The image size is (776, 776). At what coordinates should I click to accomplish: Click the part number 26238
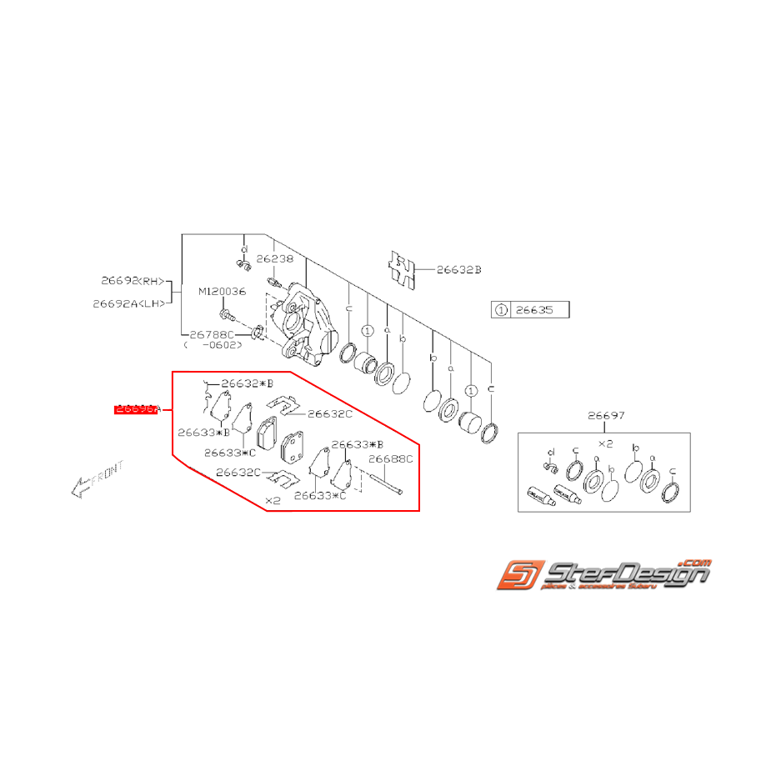275,259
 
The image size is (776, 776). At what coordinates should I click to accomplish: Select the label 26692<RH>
133,281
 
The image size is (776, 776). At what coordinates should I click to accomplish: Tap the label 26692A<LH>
128,303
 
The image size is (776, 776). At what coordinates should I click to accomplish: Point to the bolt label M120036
221,292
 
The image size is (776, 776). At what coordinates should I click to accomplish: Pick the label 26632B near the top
459,270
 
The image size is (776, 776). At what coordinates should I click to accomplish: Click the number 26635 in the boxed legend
535,310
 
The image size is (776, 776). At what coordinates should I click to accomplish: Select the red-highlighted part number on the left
138,409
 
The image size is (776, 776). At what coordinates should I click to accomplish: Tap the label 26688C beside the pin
390,458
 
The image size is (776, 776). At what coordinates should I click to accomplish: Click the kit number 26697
605,416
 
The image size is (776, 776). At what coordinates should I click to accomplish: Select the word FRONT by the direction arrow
108,473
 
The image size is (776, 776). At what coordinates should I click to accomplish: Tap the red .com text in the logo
696,563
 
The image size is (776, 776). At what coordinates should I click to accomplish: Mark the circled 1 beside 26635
501,310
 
